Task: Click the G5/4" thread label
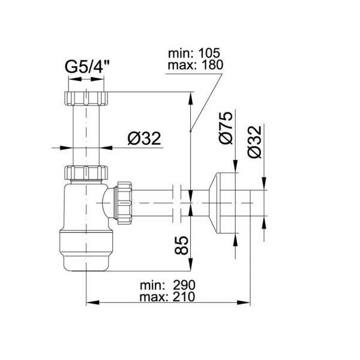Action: pyautogui.click(x=87, y=67)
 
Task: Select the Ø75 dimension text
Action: pyautogui.click(x=225, y=128)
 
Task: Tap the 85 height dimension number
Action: pyautogui.click(x=181, y=245)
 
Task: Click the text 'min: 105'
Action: pyautogui.click(x=194, y=53)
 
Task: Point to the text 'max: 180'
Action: pyautogui.click(x=196, y=65)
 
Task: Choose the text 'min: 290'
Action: pyautogui.click(x=167, y=286)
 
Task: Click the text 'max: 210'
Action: pyautogui.click(x=167, y=296)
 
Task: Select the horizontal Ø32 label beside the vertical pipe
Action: pyautogui.click(x=145, y=139)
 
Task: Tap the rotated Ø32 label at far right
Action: pyautogui.click(x=254, y=142)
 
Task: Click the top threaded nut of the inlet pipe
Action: pyautogui.click(x=85, y=98)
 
